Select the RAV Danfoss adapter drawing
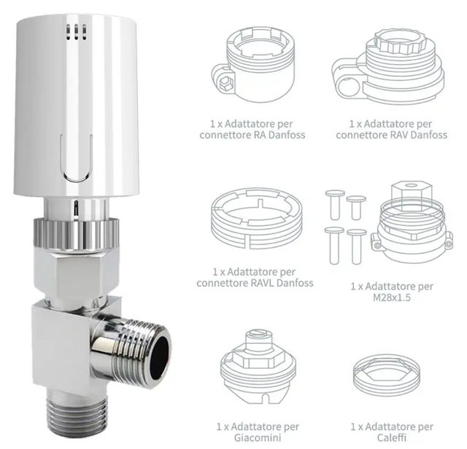point(387,68)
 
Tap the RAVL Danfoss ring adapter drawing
point(257,218)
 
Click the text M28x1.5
point(392,297)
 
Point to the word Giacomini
point(258,437)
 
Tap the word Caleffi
point(392,437)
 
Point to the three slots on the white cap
point(76,32)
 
